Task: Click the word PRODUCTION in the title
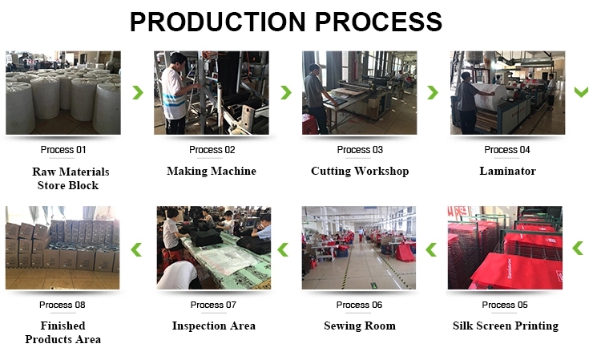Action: click(218, 22)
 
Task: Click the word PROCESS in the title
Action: click(379, 22)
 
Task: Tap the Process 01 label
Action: click(63, 149)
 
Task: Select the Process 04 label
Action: click(507, 149)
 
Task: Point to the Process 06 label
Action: click(359, 305)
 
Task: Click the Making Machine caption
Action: click(212, 171)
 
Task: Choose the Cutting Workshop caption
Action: click(360, 171)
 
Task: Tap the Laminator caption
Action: click(507, 171)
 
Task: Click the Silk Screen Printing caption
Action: click(506, 326)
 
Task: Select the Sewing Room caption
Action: click(360, 326)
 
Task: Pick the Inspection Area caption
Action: click(213, 326)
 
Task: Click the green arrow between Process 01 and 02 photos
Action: click(138, 92)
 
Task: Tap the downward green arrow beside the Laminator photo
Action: click(581, 92)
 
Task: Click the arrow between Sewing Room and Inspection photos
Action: click(283, 249)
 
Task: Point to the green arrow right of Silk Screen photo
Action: click(578, 248)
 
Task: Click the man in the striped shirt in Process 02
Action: click(175, 94)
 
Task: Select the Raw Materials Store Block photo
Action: click(63, 93)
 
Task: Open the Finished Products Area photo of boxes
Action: click(63, 248)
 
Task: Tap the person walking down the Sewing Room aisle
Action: click(361, 234)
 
